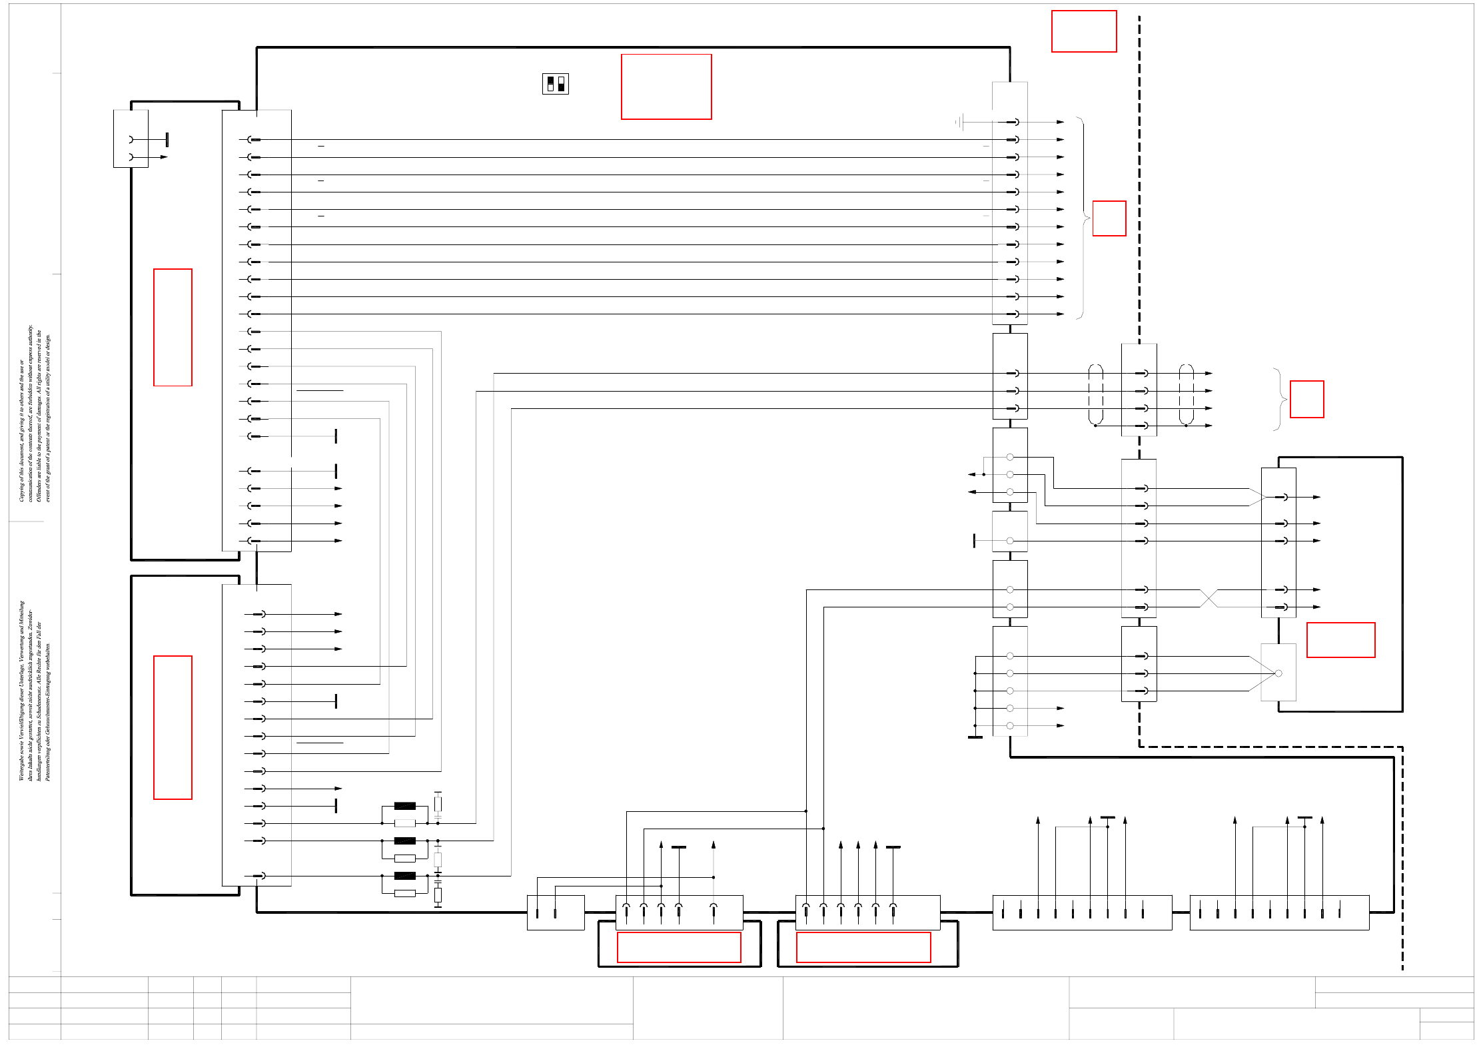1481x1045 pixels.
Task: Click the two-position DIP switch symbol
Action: coord(555,84)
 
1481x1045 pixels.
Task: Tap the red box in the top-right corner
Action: coord(1083,31)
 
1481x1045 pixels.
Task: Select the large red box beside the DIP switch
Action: coord(666,87)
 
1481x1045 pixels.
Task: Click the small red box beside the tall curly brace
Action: coord(1109,218)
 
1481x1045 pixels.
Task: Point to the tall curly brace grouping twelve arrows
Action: coord(1083,218)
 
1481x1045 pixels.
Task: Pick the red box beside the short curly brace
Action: coord(1306,399)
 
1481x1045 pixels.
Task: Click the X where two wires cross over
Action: coord(1209,598)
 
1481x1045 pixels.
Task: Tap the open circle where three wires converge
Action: coord(1278,673)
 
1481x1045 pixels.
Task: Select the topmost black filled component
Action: coord(404,806)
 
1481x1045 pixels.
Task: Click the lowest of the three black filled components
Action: coord(404,876)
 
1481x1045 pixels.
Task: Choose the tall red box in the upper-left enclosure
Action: coord(173,327)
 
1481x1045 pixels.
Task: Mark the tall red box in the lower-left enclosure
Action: coord(173,727)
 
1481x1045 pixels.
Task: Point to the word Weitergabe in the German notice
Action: coord(21,766)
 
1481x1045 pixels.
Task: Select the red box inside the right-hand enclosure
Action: coord(1340,640)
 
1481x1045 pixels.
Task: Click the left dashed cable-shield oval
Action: coord(1095,394)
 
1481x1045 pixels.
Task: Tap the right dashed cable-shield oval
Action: coord(1186,394)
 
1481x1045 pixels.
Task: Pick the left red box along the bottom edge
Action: coord(678,947)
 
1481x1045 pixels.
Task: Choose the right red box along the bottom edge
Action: coord(863,947)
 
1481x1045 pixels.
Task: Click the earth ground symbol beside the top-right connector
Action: coord(959,122)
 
